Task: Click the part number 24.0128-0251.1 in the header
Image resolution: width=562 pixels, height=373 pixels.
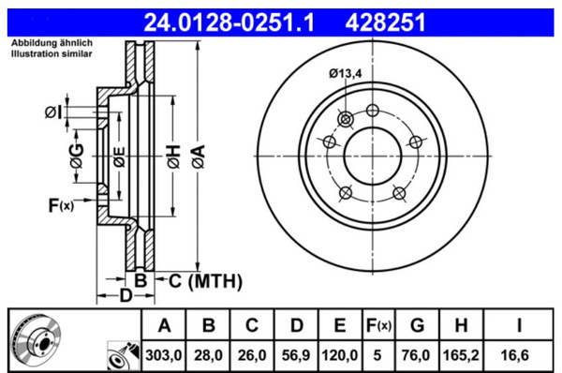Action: point(229,22)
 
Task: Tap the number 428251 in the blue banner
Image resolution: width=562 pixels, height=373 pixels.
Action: point(385,22)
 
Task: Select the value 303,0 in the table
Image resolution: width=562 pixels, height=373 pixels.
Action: point(164,355)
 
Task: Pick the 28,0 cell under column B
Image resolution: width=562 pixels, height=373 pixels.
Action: point(208,355)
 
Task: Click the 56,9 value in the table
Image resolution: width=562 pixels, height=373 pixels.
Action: point(296,355)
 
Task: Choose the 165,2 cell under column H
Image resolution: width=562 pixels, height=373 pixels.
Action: point(461,355)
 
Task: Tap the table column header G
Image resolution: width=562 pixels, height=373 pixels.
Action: point(418,325)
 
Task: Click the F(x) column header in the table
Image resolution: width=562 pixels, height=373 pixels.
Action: point(378,325)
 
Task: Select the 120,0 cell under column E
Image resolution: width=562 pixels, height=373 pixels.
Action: point(339,355)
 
